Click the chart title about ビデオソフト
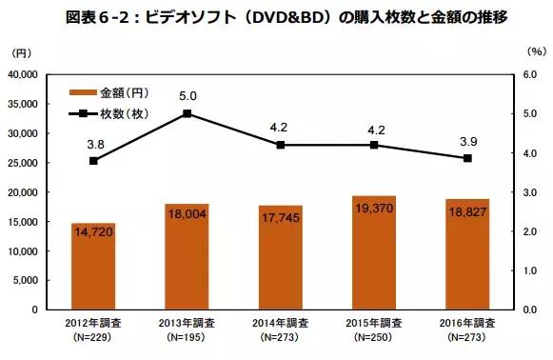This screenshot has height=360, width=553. (276, 16)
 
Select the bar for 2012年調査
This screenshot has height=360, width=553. (93, 267)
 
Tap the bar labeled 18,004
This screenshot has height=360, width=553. (187, 257)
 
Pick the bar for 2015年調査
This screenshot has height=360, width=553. (373, 253)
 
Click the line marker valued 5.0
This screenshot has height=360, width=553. (187, 113)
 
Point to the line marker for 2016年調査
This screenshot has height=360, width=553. (466, 157)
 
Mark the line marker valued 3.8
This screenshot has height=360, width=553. (93, 161)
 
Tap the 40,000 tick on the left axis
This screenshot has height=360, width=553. (35, 74)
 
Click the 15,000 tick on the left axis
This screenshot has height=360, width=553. (35, 222)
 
